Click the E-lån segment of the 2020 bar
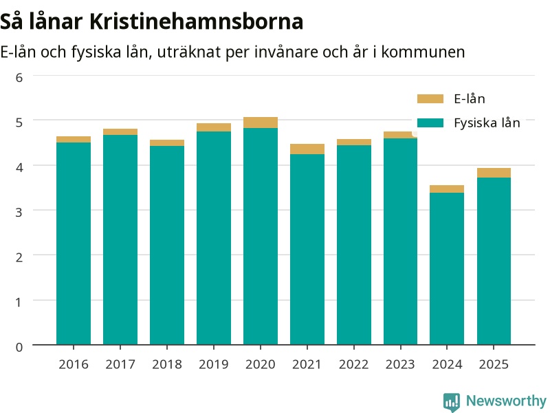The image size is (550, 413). click(261, 123)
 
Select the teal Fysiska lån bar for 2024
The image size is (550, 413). click(447, 268)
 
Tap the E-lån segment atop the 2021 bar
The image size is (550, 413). click(307, 149)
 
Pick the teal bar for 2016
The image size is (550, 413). click(74, 244)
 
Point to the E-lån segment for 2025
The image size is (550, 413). click(494, 173)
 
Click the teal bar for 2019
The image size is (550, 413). click(214, 238)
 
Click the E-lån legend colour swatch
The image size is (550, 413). click(430, 98)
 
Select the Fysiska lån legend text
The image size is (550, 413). click(487, 123)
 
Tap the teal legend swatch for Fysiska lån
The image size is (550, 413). click(430, 123)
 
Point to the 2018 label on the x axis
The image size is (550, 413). click(167, 365)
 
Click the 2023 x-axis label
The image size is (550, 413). click(400, 365)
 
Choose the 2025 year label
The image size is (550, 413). click(494, 365)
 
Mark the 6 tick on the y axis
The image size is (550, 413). click(19, 78)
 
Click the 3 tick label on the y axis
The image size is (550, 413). click(19, 212)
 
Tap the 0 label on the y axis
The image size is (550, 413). click(19, 347)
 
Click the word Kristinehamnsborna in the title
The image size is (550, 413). click(196, 21)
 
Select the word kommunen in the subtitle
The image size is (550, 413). click(423, 52)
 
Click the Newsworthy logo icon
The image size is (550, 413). click(452, 402)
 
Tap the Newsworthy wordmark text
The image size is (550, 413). click(506, 401)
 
